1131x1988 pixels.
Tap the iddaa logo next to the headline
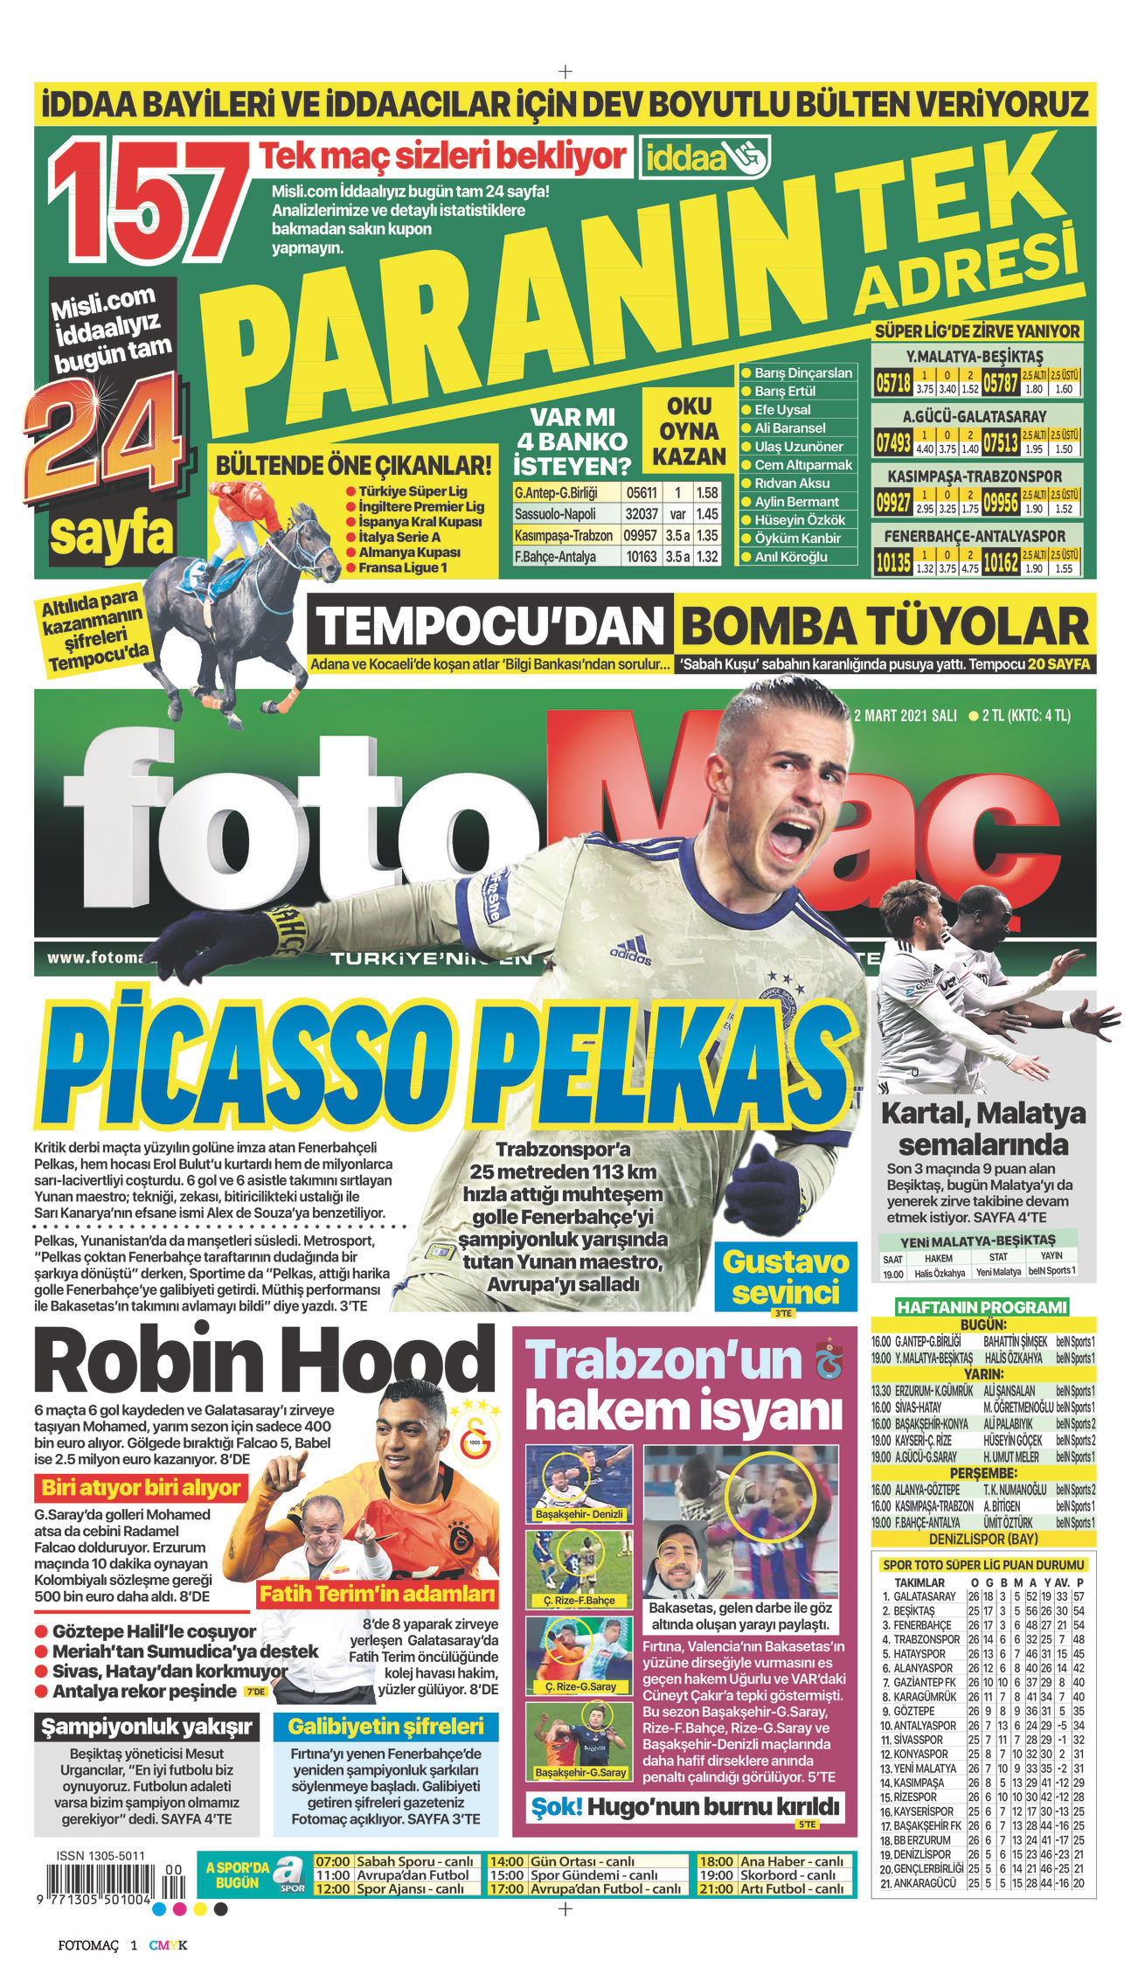[704, 157]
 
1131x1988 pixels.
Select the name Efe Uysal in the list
[782, 409]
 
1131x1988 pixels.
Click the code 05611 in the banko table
[641, 492]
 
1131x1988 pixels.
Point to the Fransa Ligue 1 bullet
[402, 567]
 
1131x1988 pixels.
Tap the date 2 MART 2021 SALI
[905, 715]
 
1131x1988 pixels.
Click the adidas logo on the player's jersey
[631, 949]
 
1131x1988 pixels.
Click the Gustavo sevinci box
[785, 1277]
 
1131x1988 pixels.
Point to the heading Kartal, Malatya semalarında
[983, 1129]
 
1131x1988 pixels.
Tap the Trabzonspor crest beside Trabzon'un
[826, 1359]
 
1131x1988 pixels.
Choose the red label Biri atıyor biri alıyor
[141, 1487]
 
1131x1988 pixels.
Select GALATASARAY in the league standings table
[926, 1596]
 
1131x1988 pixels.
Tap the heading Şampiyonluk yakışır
[147, 1726]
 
